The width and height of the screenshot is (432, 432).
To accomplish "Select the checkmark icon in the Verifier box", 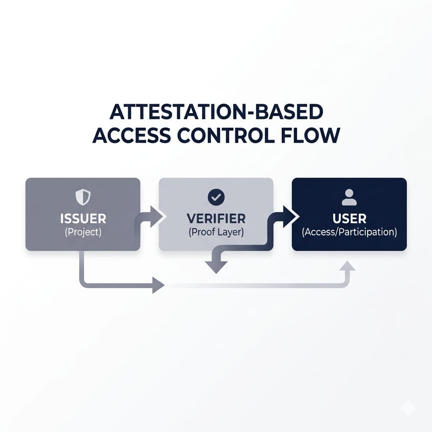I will (x=216, y=197).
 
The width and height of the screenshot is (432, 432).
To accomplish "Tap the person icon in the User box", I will (x=349, y=197).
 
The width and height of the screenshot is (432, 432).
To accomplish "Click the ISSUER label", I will (x=83, y=219).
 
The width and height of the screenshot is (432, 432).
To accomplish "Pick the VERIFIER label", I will (x=216, y=219).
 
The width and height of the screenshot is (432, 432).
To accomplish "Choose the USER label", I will (x=349, y=219).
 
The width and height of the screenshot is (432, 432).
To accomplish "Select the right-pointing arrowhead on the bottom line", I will (x=158, y=286).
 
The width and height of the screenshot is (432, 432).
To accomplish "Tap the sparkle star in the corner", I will (x=408, y=408).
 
